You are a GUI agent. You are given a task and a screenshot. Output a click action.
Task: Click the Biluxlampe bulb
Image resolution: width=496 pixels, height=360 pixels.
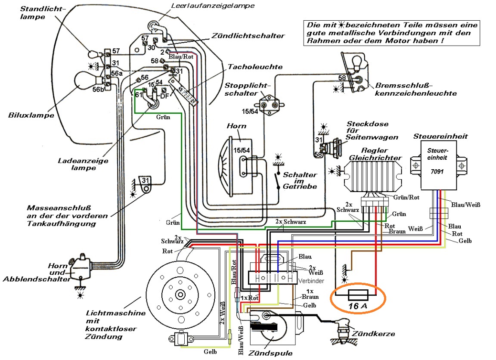click(86, 81)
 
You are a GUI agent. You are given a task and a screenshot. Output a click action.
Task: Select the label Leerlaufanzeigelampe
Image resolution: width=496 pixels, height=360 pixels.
click(207, 6)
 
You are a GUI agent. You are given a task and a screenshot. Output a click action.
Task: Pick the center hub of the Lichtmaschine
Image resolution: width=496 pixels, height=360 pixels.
click(179, 294)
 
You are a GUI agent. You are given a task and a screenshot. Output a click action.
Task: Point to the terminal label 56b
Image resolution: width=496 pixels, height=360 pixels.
click(98, 89)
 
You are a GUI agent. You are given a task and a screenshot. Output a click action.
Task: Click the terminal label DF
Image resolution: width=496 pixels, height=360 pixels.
click(164, 96)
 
